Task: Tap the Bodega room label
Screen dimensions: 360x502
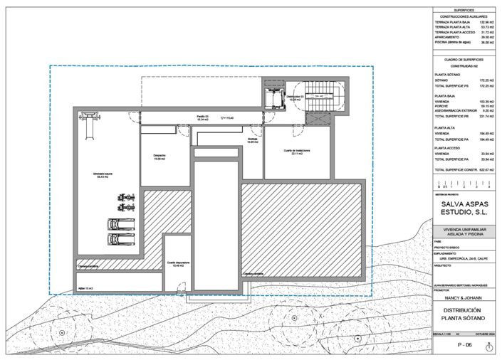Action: [252, 140]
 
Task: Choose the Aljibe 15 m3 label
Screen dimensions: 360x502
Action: [85, 288]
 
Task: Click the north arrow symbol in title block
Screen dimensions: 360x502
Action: [488, 346]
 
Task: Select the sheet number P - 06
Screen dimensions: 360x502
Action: [465, 345]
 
